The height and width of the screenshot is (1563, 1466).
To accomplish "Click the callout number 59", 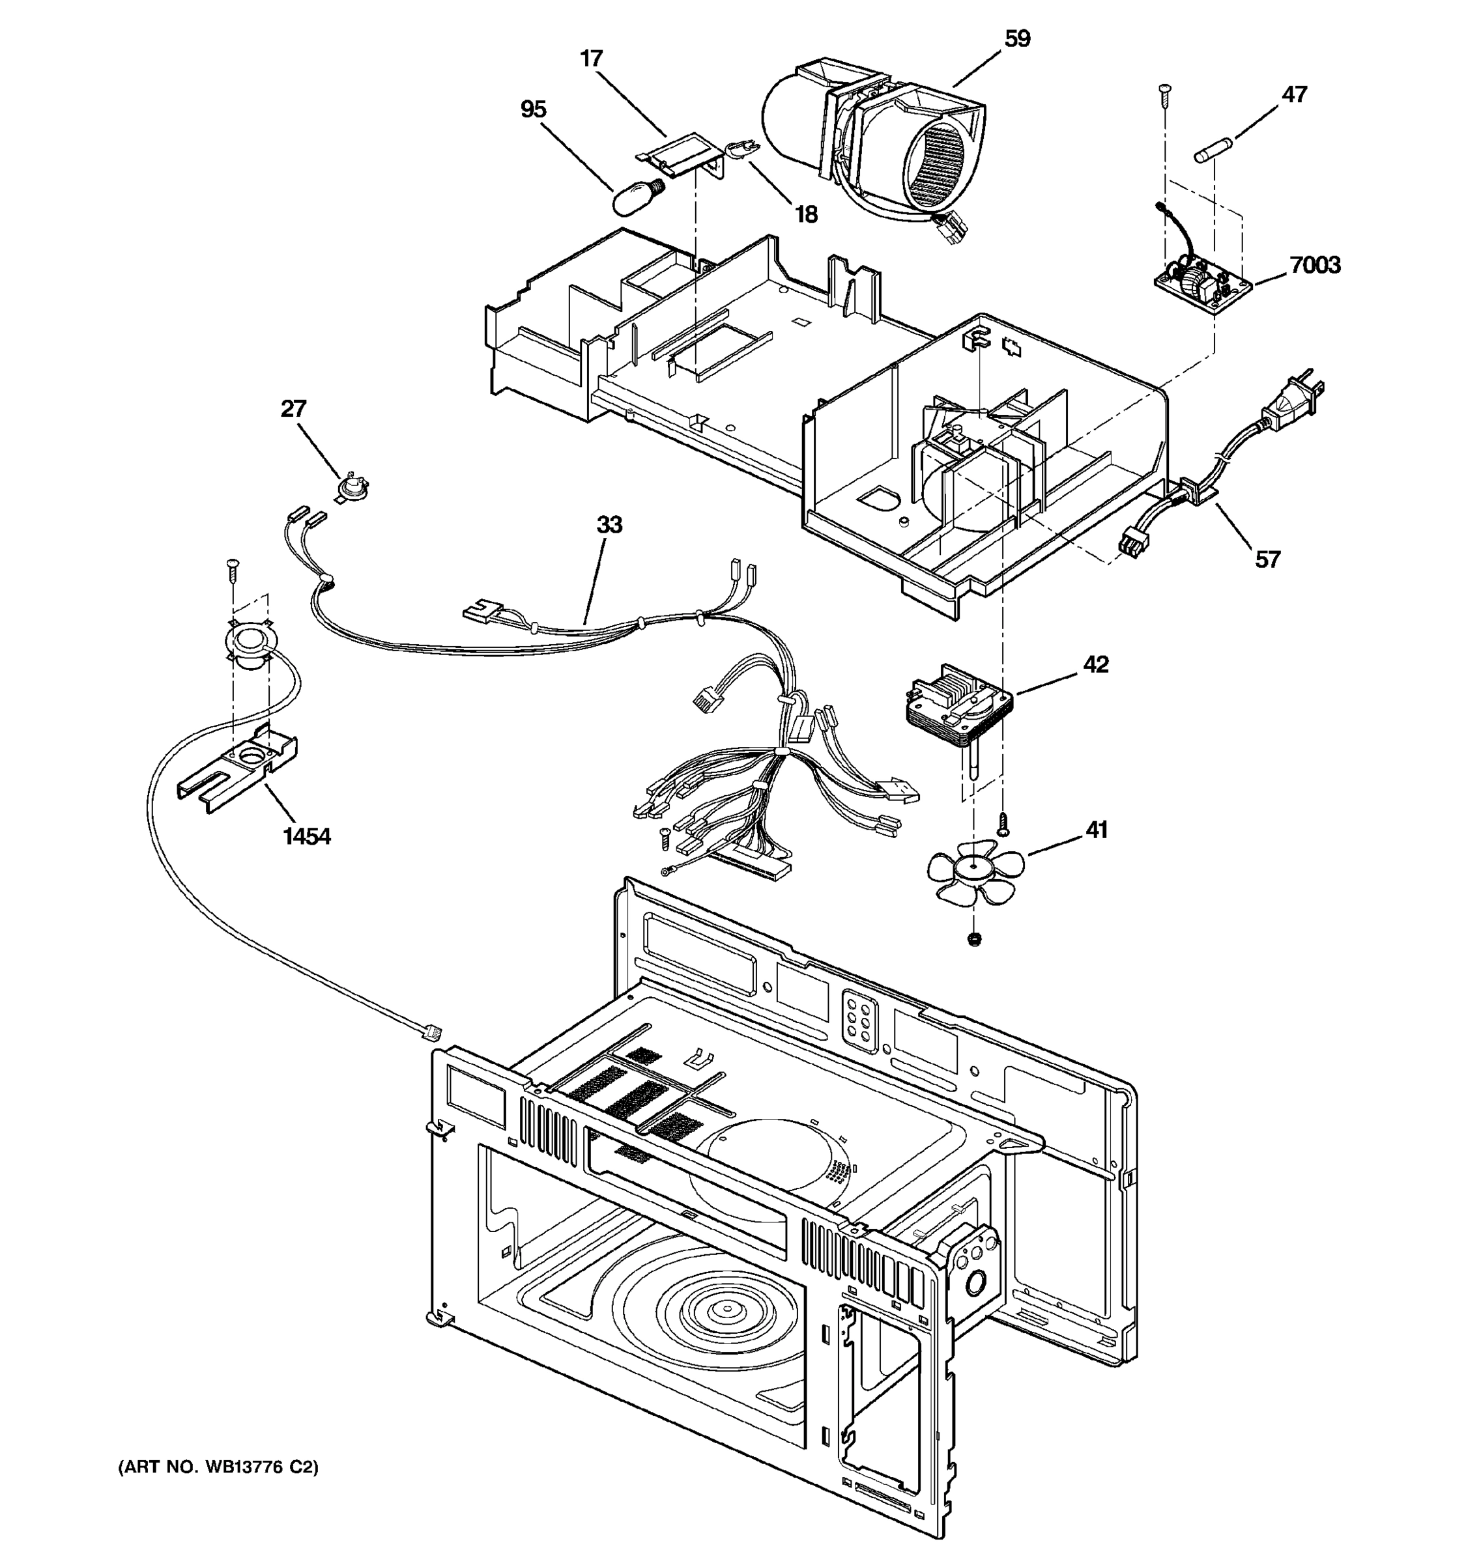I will (1017, 38).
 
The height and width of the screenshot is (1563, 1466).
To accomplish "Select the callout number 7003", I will (1315, 265).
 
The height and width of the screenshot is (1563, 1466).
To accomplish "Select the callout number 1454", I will (307, 837).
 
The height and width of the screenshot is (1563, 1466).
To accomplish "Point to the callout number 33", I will (609, 524).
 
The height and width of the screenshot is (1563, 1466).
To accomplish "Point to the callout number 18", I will (806, 214).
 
